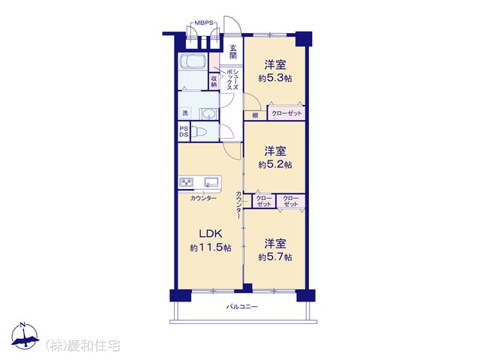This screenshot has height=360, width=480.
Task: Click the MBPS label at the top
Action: (203, 23)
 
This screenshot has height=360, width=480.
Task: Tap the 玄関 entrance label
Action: (233, 52)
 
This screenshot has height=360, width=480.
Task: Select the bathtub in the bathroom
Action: (193, 62)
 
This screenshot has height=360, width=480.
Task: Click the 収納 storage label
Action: (214, 81)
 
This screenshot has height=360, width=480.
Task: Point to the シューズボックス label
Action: (232, 79)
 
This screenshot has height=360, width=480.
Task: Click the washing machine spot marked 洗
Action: (185, 112)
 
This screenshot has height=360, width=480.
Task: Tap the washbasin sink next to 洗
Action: (208, 114)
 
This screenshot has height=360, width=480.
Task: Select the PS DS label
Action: (184, 132)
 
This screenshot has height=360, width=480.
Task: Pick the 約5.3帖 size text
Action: (275, 78)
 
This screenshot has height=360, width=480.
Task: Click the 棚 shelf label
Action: (255, 115)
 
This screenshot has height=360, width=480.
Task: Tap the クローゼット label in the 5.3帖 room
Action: (286, 113)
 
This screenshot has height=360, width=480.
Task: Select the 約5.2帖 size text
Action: (275, 165)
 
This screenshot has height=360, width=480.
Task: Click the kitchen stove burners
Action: (187, 182)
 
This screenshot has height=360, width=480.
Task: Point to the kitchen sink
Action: (211, 182)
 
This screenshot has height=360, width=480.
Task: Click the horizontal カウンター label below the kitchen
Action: (203, 198)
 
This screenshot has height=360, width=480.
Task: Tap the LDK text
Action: (211, 234)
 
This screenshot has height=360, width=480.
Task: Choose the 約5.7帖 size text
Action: (275, 257)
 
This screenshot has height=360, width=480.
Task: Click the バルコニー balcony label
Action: (241, 307)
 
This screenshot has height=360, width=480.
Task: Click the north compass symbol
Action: (25, 336)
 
